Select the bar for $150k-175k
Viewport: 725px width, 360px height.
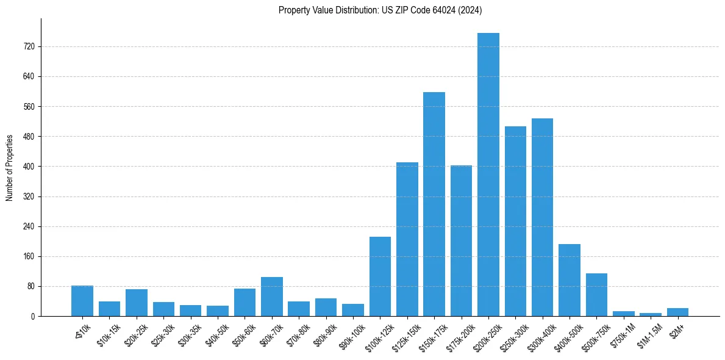coord(434,204)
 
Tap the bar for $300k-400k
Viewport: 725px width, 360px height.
coord(542,217)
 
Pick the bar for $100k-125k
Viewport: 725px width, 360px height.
coord(380,276)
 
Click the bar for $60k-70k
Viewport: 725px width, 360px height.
coord(272,297)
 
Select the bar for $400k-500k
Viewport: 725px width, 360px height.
coord(570,280)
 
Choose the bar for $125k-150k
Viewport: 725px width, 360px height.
coord(407,239)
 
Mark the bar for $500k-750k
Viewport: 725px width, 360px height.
coord(596,295)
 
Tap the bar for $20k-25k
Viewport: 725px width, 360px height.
coord(137,303)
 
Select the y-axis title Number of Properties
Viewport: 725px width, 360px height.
coord(9,167)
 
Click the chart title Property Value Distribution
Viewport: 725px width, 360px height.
coord(380,10)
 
